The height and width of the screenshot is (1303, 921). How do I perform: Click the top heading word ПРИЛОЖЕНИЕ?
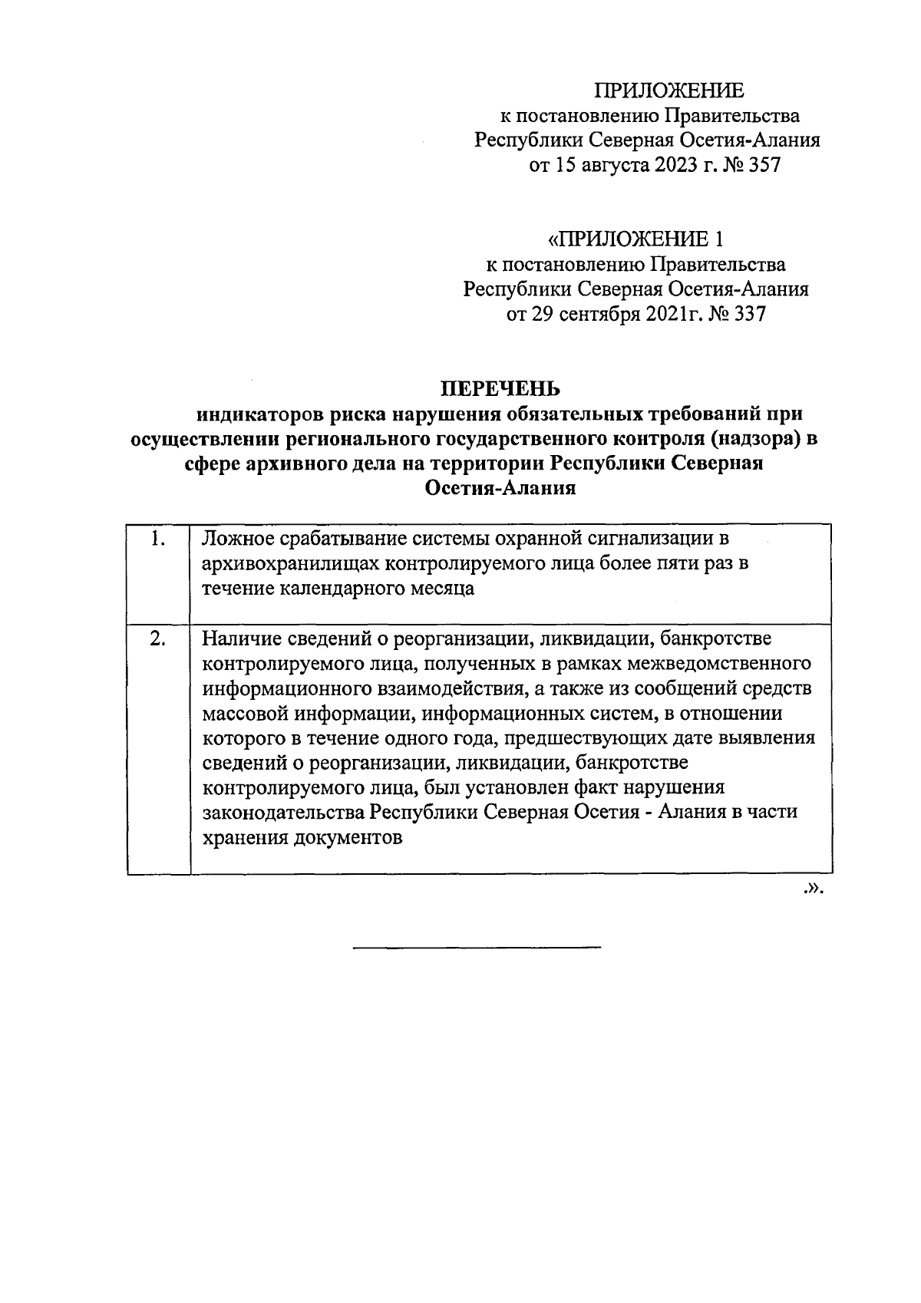(670, 91)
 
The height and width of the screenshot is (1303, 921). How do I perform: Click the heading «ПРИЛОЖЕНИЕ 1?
(635, 239)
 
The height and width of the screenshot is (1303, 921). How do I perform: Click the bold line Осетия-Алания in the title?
(500, 489)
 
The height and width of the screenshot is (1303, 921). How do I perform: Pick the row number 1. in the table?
(159, 539)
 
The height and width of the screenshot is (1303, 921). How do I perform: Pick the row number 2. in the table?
(158, 638)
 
